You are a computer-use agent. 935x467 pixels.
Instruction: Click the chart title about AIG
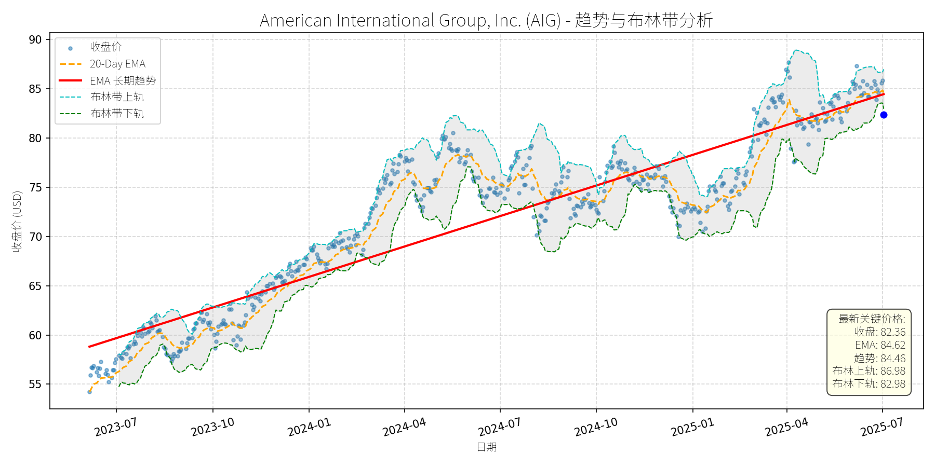click(486, 20)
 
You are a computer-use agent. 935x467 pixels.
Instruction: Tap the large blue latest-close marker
click(884, 115)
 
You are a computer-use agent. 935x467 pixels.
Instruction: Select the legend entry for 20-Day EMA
click(117, 64)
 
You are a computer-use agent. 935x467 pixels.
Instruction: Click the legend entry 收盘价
click(105, 47)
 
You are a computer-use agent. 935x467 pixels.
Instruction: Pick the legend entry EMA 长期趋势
click(123, 80)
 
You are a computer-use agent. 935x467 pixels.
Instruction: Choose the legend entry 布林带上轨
click(117, 97)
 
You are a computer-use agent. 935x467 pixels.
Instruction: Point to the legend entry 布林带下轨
click(117, 113)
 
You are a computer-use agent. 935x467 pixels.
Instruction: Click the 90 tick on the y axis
click(35, 40)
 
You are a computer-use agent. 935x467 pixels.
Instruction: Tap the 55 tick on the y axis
click(35, 384)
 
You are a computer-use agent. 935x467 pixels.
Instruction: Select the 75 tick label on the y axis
click(35, 187)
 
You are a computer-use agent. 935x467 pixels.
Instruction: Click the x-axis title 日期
click(487, 447)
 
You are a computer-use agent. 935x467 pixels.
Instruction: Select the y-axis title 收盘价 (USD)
click(17, 222)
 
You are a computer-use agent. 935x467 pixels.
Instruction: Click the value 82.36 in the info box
click(893, 332)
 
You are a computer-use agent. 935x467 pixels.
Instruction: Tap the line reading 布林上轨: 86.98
click(869, 371)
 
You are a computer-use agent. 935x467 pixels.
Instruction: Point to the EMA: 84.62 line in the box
click(880, 345)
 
